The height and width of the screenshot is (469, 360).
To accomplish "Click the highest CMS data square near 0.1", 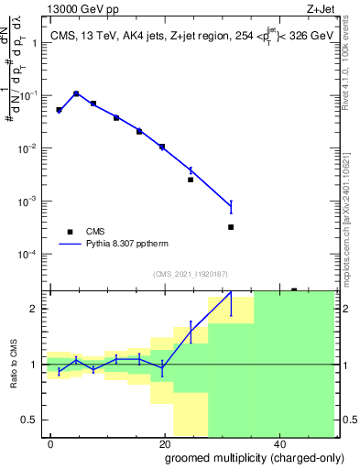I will [76, 93].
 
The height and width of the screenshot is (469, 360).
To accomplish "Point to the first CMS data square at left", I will [59, 110].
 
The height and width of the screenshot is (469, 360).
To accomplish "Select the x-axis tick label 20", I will [164, 443].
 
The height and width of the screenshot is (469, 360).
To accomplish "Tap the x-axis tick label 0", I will [50, 443].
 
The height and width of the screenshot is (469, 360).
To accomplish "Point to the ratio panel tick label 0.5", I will [31, 420].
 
